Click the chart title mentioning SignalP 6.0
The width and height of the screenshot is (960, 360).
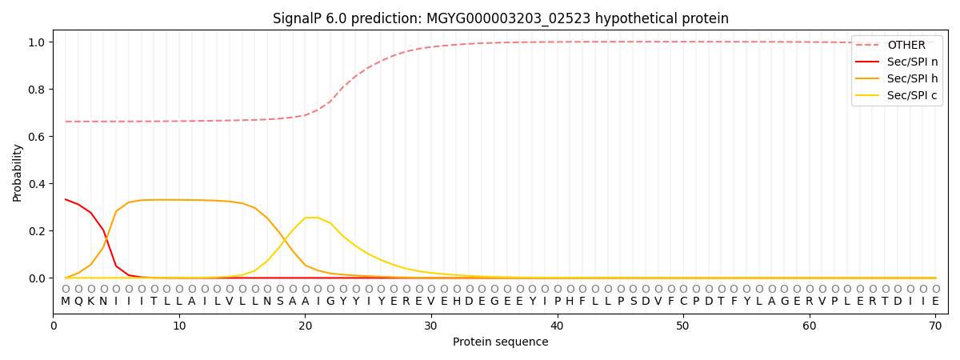(500, 18)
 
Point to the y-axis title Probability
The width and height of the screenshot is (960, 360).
(18, 172)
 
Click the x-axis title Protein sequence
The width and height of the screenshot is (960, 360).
(500, 342)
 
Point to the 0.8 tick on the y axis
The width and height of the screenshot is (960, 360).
(37, 89)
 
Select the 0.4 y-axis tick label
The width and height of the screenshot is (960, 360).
(37, 183)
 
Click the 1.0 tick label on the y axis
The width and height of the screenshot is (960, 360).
(37, 42)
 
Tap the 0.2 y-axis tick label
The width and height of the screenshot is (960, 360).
(37, 230)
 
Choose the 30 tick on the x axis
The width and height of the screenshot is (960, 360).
(430, 326)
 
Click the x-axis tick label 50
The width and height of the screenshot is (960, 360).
(682, 326)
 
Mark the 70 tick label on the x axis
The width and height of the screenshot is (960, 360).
(935, 326)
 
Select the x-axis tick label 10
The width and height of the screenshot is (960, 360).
(179, 326)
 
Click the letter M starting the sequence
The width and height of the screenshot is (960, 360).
(66, 302)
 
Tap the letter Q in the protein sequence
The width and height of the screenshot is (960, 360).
(78, 302)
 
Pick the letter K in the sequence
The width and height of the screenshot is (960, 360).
(91, 302)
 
